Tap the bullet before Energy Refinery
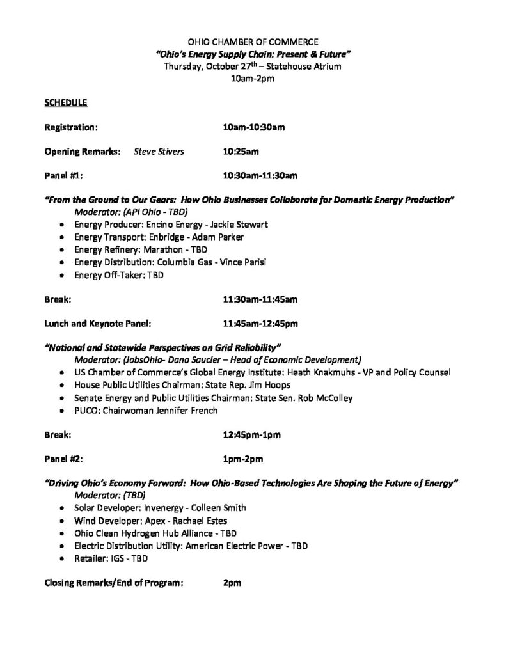[x=61, y=250]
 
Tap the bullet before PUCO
[x=61, y=411]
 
